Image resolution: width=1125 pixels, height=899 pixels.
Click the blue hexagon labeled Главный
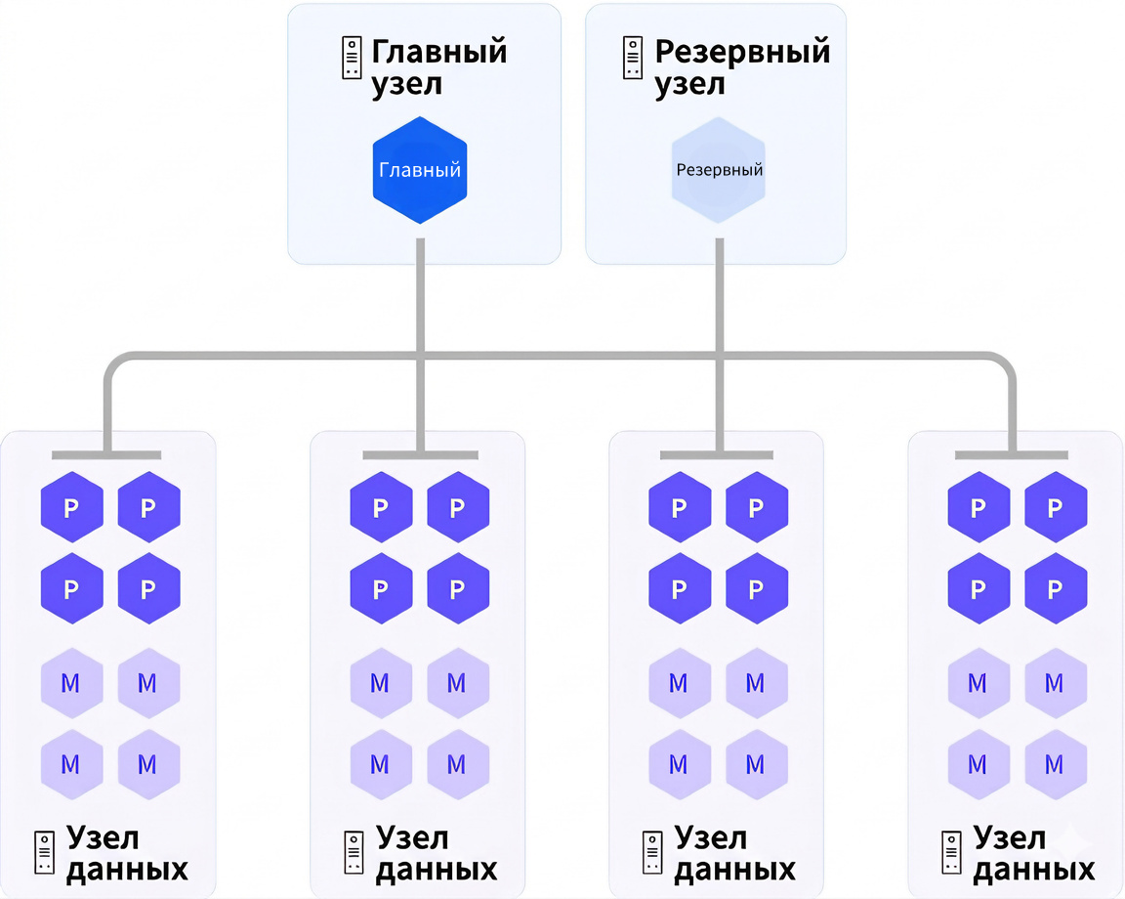pyautogui.click(x=420, y=170)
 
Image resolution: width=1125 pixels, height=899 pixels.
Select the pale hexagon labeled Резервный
pyautogui.click(x=719, y=170)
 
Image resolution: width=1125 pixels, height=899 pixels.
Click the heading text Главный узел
pyautogui.click(x=438, y=66)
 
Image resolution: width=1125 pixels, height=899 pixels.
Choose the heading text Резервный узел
pyautogui.click(x=741, y=66)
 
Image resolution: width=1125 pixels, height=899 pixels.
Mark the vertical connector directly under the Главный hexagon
pyautogui.click(x=420, y=293)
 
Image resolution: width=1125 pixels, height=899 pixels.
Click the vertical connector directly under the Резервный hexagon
pyautogui.click(x=719, y=293)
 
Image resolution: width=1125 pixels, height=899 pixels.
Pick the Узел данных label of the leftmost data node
pyautogui.click(x=126, y=853)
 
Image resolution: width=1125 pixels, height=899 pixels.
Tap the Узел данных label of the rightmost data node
pyautogui.click(x=1034, y=853)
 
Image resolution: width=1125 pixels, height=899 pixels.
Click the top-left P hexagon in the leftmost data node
pyautogui.click(x=71, y=507)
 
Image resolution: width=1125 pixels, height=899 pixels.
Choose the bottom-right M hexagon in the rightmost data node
pyautogui.click(x=1055, y=763)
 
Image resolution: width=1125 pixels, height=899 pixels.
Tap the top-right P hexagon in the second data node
pyautogui.click(x=457, y=507)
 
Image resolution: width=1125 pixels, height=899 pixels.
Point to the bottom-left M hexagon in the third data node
pyautogui.click(x=679, y=763)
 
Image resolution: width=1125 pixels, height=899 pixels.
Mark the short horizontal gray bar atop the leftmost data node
pyautogui.click(x=105, y=454)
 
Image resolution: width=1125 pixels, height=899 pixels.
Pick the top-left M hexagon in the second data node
pyautogui.click(x=380, y=683)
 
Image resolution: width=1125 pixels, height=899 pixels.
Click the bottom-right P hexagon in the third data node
pyautogui.click(x=756, y=589)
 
